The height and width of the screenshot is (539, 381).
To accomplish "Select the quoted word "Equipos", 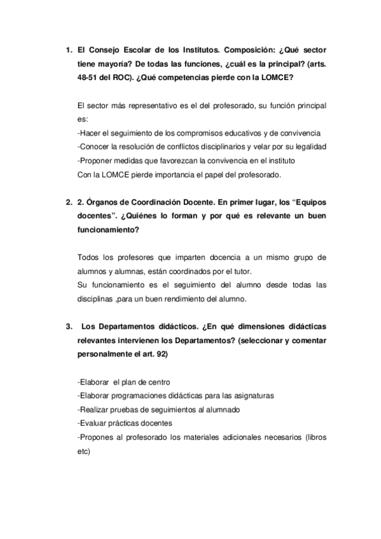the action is [x=305, y=203].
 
